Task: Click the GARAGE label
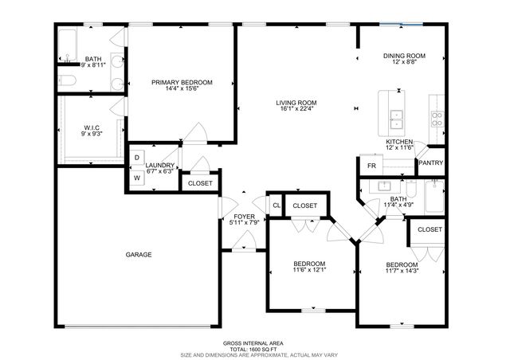(138, 255)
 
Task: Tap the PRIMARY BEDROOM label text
(182, 83)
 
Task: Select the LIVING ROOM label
(296, 103)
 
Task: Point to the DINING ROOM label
(404, 56)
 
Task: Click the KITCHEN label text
(399, 142)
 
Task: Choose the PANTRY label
(430, 163)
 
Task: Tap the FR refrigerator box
(371, 166)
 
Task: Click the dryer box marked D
(136, 158)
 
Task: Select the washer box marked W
(136, 178)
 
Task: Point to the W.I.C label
(91, 127)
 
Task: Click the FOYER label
(244, 217)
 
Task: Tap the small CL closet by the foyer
(276, 206)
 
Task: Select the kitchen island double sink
(396, 119)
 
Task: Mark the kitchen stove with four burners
(437, 119)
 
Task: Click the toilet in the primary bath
(66, 80)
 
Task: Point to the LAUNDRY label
(159, 165)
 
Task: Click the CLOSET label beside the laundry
(200, 184)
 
